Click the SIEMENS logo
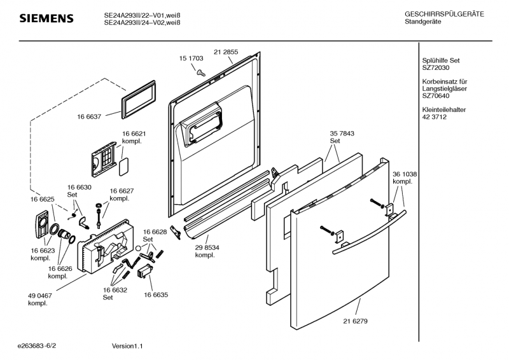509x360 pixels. pos(46,18)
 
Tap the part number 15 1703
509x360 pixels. pos(192,59)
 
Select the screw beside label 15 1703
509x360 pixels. pos(201,73)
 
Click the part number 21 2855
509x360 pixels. pos(226,52)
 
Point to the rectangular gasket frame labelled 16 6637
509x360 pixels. pos(138,100)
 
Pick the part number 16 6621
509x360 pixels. pos(134,134)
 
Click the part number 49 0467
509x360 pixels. pos(40,296)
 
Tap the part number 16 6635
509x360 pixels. pos(156,294)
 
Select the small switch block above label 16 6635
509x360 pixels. pos(144,271)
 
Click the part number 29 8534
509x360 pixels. pos(207,247)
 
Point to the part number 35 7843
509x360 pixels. pos(342,134)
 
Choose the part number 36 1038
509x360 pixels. pos(405,174)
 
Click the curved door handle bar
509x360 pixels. pos(369,232)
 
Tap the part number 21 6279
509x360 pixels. pos(356,321)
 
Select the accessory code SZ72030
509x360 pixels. pos(436,68)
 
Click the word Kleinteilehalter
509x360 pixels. pos(443,110)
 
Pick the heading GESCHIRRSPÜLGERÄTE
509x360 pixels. pos(444,14)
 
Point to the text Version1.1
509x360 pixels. pos(127,346)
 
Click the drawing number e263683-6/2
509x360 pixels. pos(37,346)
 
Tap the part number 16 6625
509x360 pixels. pos(43,199)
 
